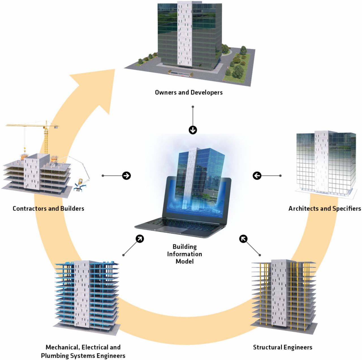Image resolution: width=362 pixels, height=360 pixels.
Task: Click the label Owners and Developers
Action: pos(189,92)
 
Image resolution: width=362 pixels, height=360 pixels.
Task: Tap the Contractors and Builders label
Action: pos(48,209)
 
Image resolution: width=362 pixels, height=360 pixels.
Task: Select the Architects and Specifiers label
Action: pos(324,209)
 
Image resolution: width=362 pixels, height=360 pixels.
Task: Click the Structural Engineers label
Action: pos(283,347)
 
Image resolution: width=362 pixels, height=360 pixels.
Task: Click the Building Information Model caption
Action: pos(184,254)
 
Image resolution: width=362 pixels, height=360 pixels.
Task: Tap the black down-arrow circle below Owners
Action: pos(193,130)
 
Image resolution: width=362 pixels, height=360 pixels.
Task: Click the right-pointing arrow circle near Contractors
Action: pos(126,176)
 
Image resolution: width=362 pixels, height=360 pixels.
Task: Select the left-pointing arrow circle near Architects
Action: pos(257,176)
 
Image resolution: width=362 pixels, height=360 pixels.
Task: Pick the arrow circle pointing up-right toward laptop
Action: pos(140,239)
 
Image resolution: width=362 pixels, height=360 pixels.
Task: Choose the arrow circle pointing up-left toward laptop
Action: pos(243,239)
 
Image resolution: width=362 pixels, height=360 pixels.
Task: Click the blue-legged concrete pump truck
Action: pos(80,185)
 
